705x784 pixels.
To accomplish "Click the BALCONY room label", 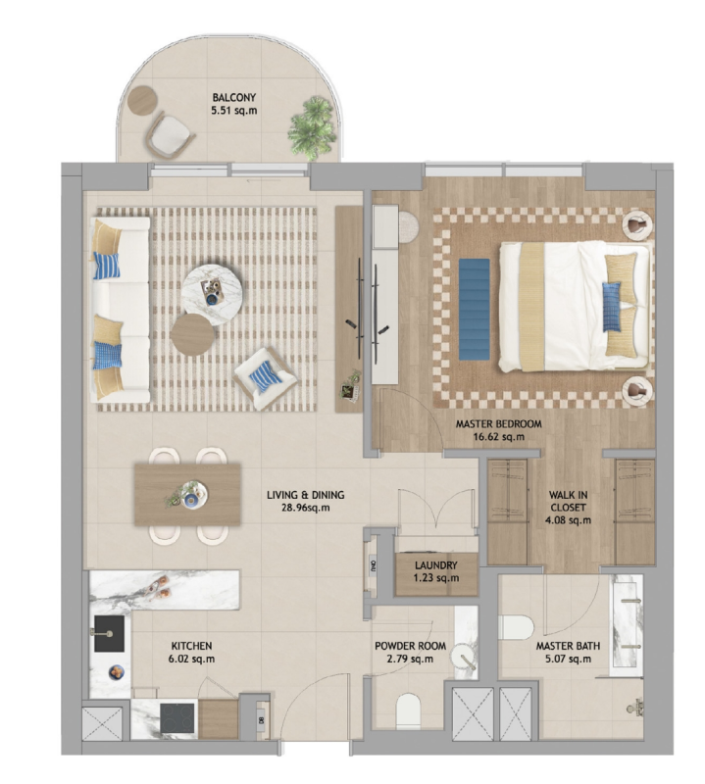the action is (x=233, y=97).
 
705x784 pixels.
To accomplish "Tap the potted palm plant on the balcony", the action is (x=312, y=125).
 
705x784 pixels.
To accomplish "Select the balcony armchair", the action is (x=170, y=135).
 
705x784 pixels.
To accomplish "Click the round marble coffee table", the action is (x=212, y=295).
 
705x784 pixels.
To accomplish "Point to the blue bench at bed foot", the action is (x=474, y=309).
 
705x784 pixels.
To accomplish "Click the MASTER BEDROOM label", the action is (x=498, y=424).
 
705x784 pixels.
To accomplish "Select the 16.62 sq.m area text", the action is (x=498, y=437).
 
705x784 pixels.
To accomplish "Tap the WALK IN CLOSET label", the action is (x=568, y=501).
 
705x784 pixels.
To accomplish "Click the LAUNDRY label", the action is (x=435, y=565).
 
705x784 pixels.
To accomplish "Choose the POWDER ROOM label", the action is (x=410, y=646).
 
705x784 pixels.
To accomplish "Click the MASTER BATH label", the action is (x=568, y=646).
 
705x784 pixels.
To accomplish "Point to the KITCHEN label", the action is (x=191, y=646).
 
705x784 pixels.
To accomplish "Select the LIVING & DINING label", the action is (x=305, y=495).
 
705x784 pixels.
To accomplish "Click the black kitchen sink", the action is (x=109, y=633).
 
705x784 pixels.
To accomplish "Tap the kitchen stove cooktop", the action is (x=177, y=718).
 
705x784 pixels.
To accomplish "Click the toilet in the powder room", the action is (x=408, y=711).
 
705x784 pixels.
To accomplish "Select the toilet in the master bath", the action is (x=517, y=627).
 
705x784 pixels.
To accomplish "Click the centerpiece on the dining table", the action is (x=187, y=495).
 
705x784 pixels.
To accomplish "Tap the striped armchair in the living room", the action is (x=265, y=378).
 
